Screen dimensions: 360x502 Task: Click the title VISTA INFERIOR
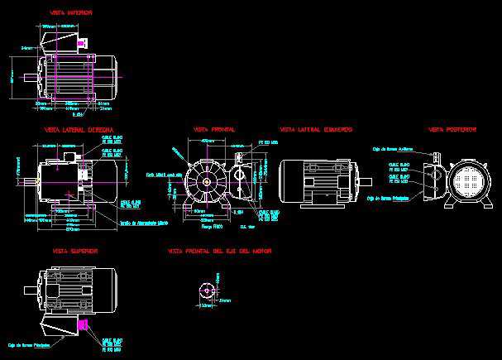(71, 13)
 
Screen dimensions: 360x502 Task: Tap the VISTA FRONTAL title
(213, 130)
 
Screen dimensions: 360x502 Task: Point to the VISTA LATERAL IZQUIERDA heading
(316, 130)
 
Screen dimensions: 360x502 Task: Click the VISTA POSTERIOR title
(452, 130)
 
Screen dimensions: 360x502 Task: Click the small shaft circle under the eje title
(205, 291)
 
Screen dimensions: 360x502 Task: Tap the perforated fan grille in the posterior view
(468, 180)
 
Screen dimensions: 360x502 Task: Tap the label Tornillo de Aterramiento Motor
(144, 223)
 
